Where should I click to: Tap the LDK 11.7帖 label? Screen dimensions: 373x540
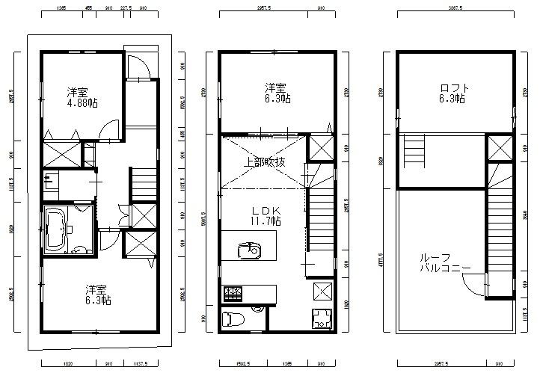pos(266,216)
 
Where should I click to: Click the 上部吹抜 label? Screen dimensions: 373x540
pos(263,161)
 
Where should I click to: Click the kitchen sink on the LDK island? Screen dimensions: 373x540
pos(250,251)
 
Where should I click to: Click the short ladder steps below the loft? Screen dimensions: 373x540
pos(414,152)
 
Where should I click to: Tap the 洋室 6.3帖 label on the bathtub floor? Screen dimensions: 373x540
pos(98,295)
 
